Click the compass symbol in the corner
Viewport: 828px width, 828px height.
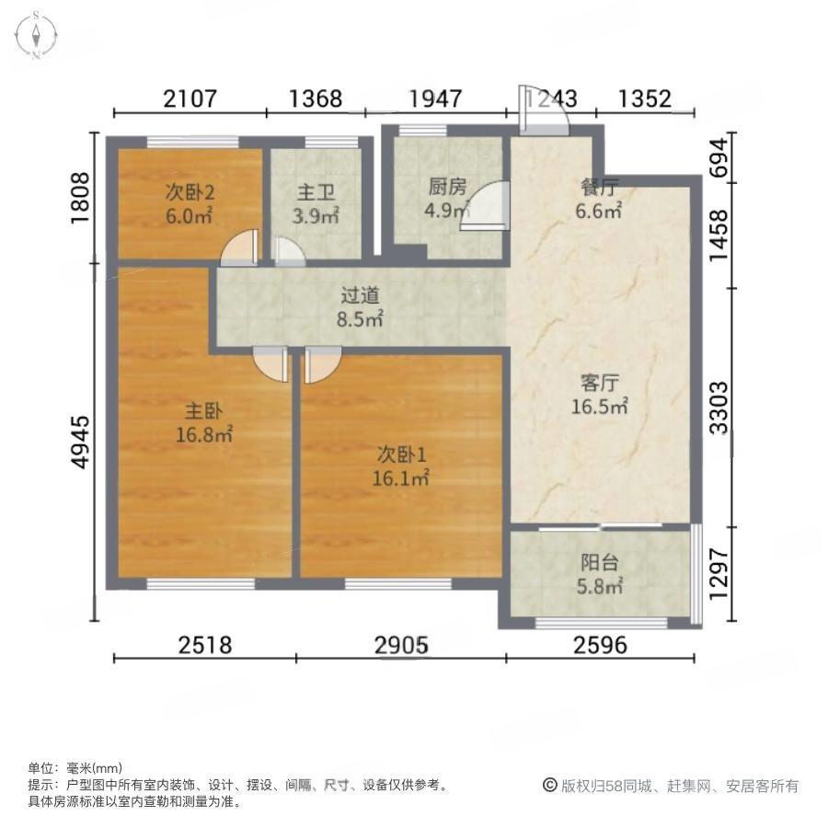point(36,36)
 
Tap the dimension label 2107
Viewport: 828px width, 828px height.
point(190,98)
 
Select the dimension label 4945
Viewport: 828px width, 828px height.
point(81,442)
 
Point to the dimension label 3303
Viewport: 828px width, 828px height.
point(719,408)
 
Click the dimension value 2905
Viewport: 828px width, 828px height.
point(401,645)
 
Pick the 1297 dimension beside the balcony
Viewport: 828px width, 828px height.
point(719,574)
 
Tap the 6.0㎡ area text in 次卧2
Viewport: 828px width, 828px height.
point(190,216)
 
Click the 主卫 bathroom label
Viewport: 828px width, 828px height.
point(316,193)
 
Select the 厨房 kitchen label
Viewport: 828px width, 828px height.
point(447,187)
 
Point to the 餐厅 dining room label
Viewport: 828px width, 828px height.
point(599,188)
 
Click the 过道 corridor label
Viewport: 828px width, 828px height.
point(360,295)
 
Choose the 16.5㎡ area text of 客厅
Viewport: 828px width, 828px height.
point(600,407)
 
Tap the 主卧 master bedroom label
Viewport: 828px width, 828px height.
point(203,411)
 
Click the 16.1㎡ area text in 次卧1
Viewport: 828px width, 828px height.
point(401,478)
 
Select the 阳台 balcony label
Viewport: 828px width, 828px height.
point(599,563)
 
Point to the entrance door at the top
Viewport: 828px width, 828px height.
point(544,111)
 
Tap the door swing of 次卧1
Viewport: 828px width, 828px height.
point(323,364)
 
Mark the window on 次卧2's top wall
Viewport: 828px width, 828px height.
point(192,142)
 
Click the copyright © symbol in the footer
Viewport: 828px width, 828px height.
point(550,786)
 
